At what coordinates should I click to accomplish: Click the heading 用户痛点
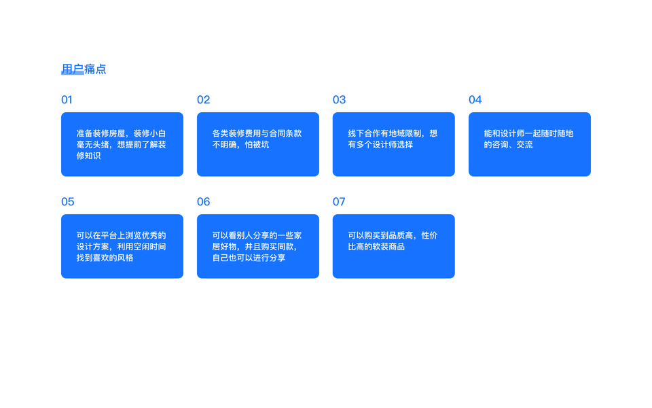[x=84, y=69]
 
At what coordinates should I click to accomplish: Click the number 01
[x=67, y=100]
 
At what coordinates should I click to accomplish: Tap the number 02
[x=203, y=100]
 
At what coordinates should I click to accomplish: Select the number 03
[x=339, y=100]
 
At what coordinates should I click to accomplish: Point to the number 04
[x=475, y=100]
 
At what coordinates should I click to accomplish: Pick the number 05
[x=67, y=202]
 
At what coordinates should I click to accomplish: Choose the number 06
[x=203, y=202]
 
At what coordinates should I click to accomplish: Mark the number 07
[x=339, y=202]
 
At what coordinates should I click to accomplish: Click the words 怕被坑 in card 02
[x=257, y=145]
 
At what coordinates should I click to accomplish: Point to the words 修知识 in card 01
[x=88, y=156]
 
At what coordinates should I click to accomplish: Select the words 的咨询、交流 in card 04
[x=508, y=145]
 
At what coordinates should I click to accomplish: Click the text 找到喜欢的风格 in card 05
[x=105, y=258]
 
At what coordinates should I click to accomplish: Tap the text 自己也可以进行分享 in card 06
[x=249, y=258]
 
